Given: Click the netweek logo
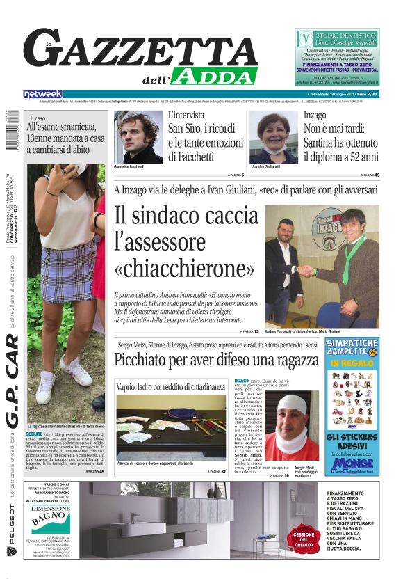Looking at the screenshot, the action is pos(43,94).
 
